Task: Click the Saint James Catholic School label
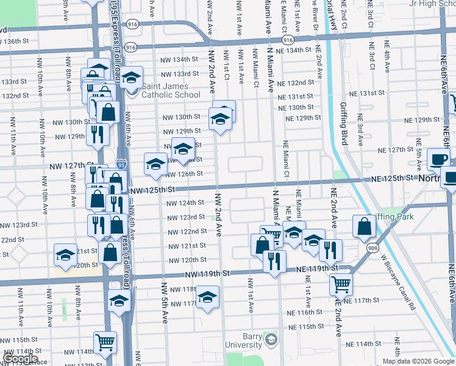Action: tap(171, 90)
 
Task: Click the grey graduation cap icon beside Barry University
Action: tap(271, 339)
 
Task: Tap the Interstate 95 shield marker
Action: tap(120, 165)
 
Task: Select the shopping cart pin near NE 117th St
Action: tap(341, 284)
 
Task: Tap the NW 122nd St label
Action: tap(188, 231)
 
